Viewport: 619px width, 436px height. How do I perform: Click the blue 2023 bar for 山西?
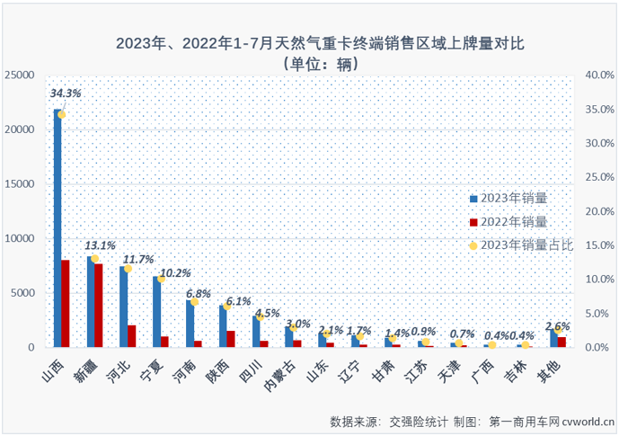[x=57, y=228]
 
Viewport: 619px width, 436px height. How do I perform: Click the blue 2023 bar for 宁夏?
[x=156, y=311]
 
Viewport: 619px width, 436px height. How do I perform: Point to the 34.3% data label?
[x=66, y=93]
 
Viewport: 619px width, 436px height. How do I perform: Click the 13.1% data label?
[x=100, y=245]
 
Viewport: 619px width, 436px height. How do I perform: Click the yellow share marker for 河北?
[x=128, y=268]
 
